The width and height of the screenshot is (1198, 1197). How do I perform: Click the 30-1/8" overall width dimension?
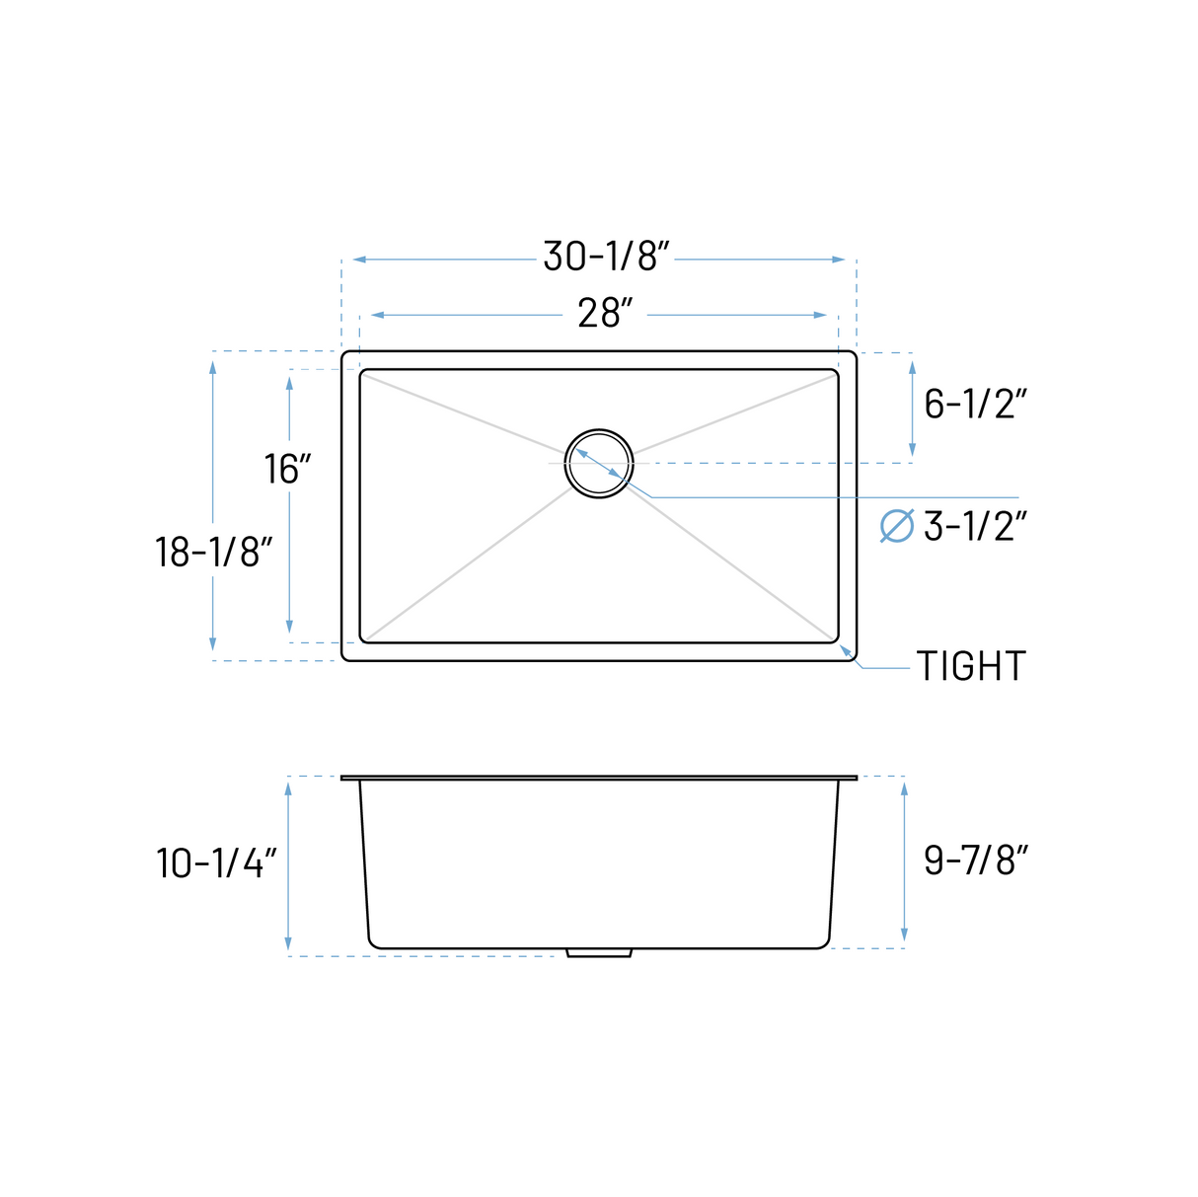[x=606, y=258]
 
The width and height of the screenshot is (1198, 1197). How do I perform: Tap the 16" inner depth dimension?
[x=287, y=469]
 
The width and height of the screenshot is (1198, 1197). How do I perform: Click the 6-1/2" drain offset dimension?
[x=975, y=403]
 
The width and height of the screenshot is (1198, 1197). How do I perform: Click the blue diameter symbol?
[x=896, y=526]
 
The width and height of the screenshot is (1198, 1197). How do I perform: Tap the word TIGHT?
[x=971, y=666]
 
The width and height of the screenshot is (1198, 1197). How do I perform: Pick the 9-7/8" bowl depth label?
[x=975, y=860]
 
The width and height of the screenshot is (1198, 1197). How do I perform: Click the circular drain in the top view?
[x=599, y=463]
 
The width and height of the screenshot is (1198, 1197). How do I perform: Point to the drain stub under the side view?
[x=599, y=953]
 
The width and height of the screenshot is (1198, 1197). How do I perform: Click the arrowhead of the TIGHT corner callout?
[x=844, y=649]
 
